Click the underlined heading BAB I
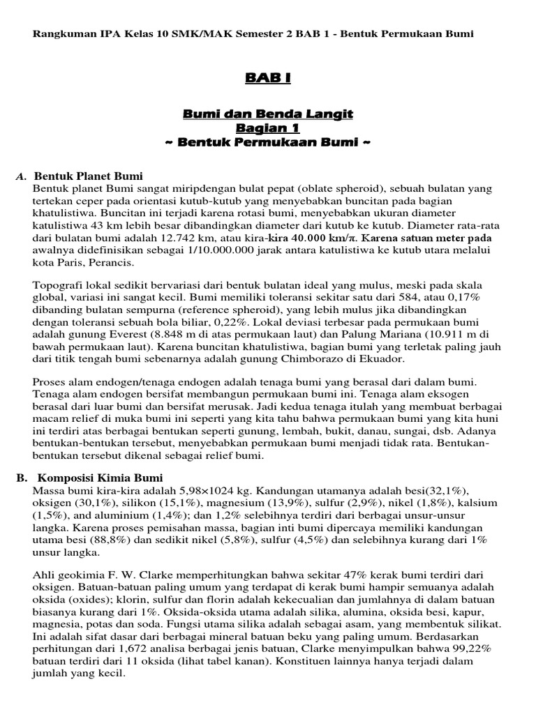267,79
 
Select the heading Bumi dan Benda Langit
268,114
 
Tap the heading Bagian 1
268,128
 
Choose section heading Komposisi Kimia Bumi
98,478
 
